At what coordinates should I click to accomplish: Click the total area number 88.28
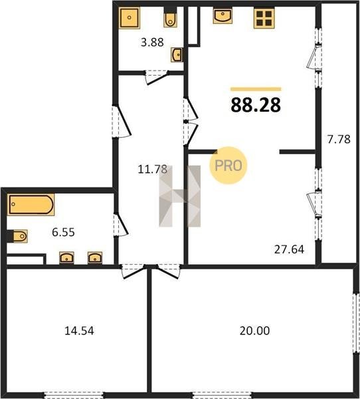coord(256,105)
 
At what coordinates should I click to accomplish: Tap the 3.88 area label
coord(152,43)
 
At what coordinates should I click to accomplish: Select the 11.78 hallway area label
coord(152,169)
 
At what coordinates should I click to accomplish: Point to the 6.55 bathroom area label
coord(63,232)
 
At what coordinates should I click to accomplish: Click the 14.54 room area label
coord(79,331)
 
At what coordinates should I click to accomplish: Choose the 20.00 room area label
coord(255,331)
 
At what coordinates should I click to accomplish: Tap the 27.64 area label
coord(289,249)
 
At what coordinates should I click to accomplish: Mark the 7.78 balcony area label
coord(339,139)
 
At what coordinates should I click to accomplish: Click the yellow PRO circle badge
coord(228,166)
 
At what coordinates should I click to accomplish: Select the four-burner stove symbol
coord(264,19)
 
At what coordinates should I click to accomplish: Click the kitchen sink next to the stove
coord(223,16)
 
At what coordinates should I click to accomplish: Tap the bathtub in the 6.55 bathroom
coord(31,205)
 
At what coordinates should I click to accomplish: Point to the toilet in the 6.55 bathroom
coord(17,236)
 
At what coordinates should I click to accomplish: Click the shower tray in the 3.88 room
coord(130,17)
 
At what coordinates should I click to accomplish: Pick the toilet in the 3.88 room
coord(170,17)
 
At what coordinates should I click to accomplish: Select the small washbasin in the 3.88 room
coord(176,55)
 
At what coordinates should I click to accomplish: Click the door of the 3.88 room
coord(157,78)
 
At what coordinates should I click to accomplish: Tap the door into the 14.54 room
coord(134,271)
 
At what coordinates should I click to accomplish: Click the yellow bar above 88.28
coord(256,89)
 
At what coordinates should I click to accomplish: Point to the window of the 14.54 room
coord(74,395)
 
